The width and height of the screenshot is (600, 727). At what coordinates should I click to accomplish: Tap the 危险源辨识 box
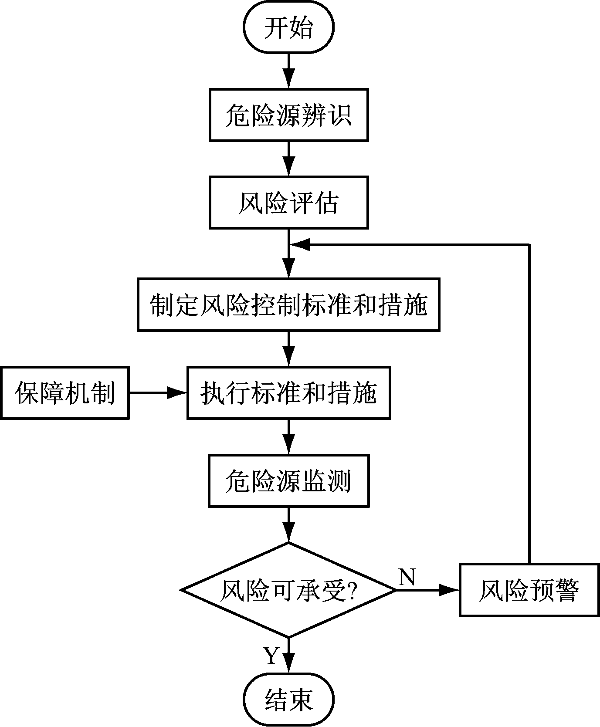[288, 115]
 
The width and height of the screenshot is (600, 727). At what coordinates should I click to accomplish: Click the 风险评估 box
[288, 202]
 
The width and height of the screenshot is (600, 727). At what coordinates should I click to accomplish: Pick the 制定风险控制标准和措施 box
[288, 305]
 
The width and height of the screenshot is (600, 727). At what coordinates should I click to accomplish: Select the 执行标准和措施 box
[288, 393]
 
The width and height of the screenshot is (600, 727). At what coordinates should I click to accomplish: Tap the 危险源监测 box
[288, 481]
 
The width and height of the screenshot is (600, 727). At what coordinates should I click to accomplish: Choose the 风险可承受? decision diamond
[288, 590]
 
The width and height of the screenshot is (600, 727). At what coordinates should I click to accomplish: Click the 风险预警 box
[529, 590]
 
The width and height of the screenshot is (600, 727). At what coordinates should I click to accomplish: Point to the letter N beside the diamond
[407, 577]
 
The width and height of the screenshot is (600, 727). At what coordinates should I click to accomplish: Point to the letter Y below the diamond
[271, 656]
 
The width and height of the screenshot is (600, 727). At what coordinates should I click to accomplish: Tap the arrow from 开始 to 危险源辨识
[288, 71]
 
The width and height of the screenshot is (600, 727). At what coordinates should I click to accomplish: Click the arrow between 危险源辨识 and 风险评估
[288, 159]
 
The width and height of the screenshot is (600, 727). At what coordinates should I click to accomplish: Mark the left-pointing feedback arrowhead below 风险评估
[301, 245]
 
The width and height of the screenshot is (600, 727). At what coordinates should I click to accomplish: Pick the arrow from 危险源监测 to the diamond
[288, 524]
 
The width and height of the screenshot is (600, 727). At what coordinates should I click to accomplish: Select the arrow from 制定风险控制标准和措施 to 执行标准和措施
[288, 348]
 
